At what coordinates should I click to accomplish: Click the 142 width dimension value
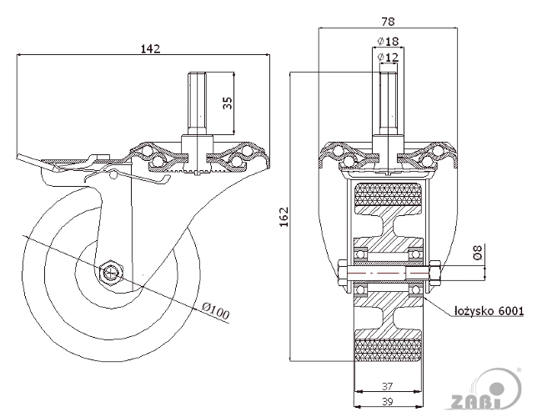151,48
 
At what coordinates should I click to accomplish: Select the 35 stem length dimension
228,103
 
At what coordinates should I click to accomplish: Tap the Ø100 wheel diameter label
215,310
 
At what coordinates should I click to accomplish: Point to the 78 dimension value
388,22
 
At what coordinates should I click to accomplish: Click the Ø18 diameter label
388,42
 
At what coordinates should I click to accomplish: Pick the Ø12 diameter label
388,57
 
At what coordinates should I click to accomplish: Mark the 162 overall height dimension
284,216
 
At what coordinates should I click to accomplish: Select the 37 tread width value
388,386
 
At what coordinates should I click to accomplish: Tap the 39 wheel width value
388,401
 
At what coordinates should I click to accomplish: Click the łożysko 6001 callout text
489,311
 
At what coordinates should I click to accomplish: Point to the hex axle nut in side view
110,273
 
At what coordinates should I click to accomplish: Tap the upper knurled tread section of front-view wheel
388,194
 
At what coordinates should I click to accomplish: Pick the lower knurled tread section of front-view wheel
388,349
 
